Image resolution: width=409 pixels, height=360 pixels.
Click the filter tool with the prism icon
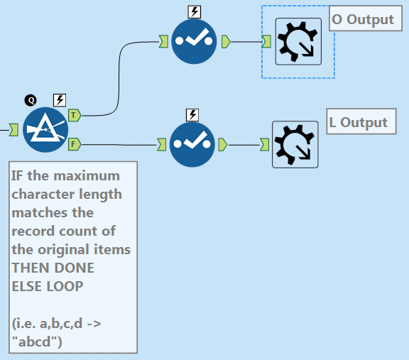click(45, 130)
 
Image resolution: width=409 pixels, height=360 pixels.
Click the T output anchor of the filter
click(75, 115)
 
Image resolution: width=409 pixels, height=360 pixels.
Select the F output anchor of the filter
click(75, 144)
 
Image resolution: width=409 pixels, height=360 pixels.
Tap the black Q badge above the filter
click(31, 100)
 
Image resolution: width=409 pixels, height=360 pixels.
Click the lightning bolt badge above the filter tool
click(60, 100)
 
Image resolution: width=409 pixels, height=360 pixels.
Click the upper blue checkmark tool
click(194, 41)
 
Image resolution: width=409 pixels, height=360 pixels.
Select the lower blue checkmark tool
click(192, 145)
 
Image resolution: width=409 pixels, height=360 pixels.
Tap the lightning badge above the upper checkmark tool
click(195, 12)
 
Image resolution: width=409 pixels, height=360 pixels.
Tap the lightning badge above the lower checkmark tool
click(192, 115)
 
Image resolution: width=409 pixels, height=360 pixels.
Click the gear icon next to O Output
click(298, 41)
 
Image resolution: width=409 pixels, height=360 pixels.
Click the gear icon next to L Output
click(295, 145)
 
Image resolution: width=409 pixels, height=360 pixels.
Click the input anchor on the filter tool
click(13, 130)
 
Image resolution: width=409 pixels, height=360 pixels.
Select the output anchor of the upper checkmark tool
click(226, 42)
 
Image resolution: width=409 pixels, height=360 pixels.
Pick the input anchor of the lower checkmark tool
click(162, 145)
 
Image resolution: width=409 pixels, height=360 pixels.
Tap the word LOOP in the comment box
click(65, 286)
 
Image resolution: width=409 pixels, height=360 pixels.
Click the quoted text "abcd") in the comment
click(37, 342)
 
